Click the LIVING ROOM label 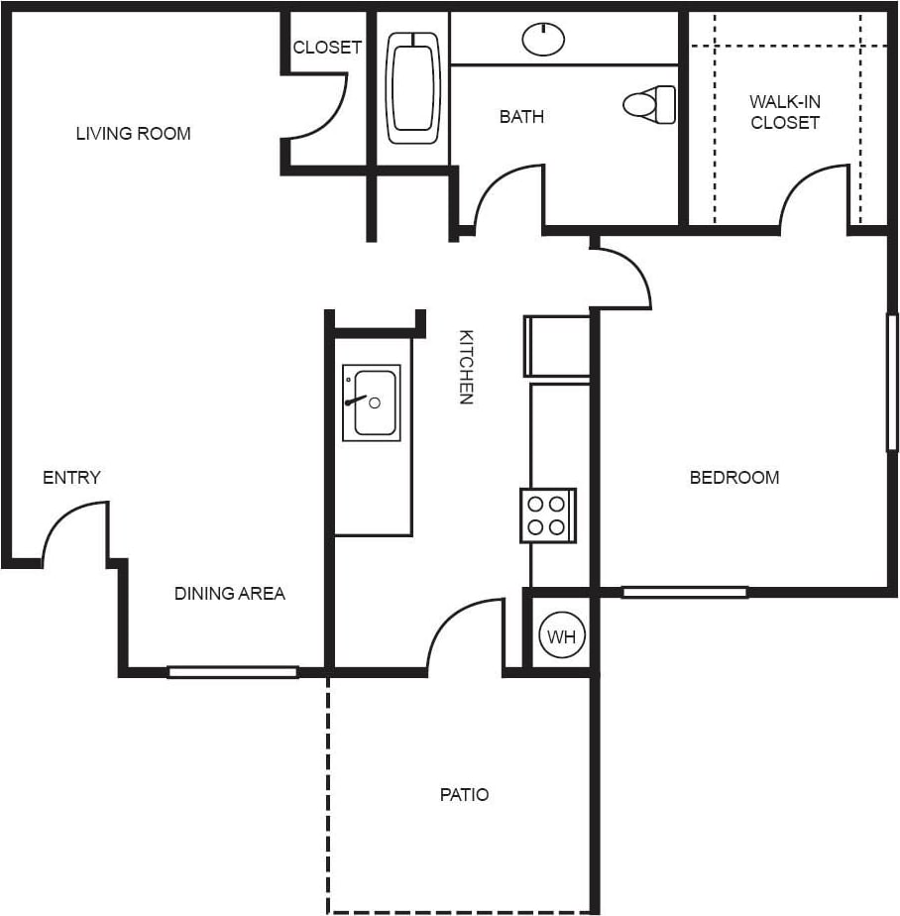(133, 134)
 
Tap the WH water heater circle (562, 636)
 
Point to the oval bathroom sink (542, 39)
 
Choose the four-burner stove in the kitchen (548, 515)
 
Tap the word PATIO (464, 795)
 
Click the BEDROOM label (734, 478)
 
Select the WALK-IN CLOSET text (785, 112)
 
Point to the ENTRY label (71, 478)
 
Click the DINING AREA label (230, 594)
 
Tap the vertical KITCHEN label (466, 367)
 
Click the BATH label (521, 117)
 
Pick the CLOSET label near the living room (327, 48)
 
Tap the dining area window (232, 672)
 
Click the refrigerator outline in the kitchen (557, 346)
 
